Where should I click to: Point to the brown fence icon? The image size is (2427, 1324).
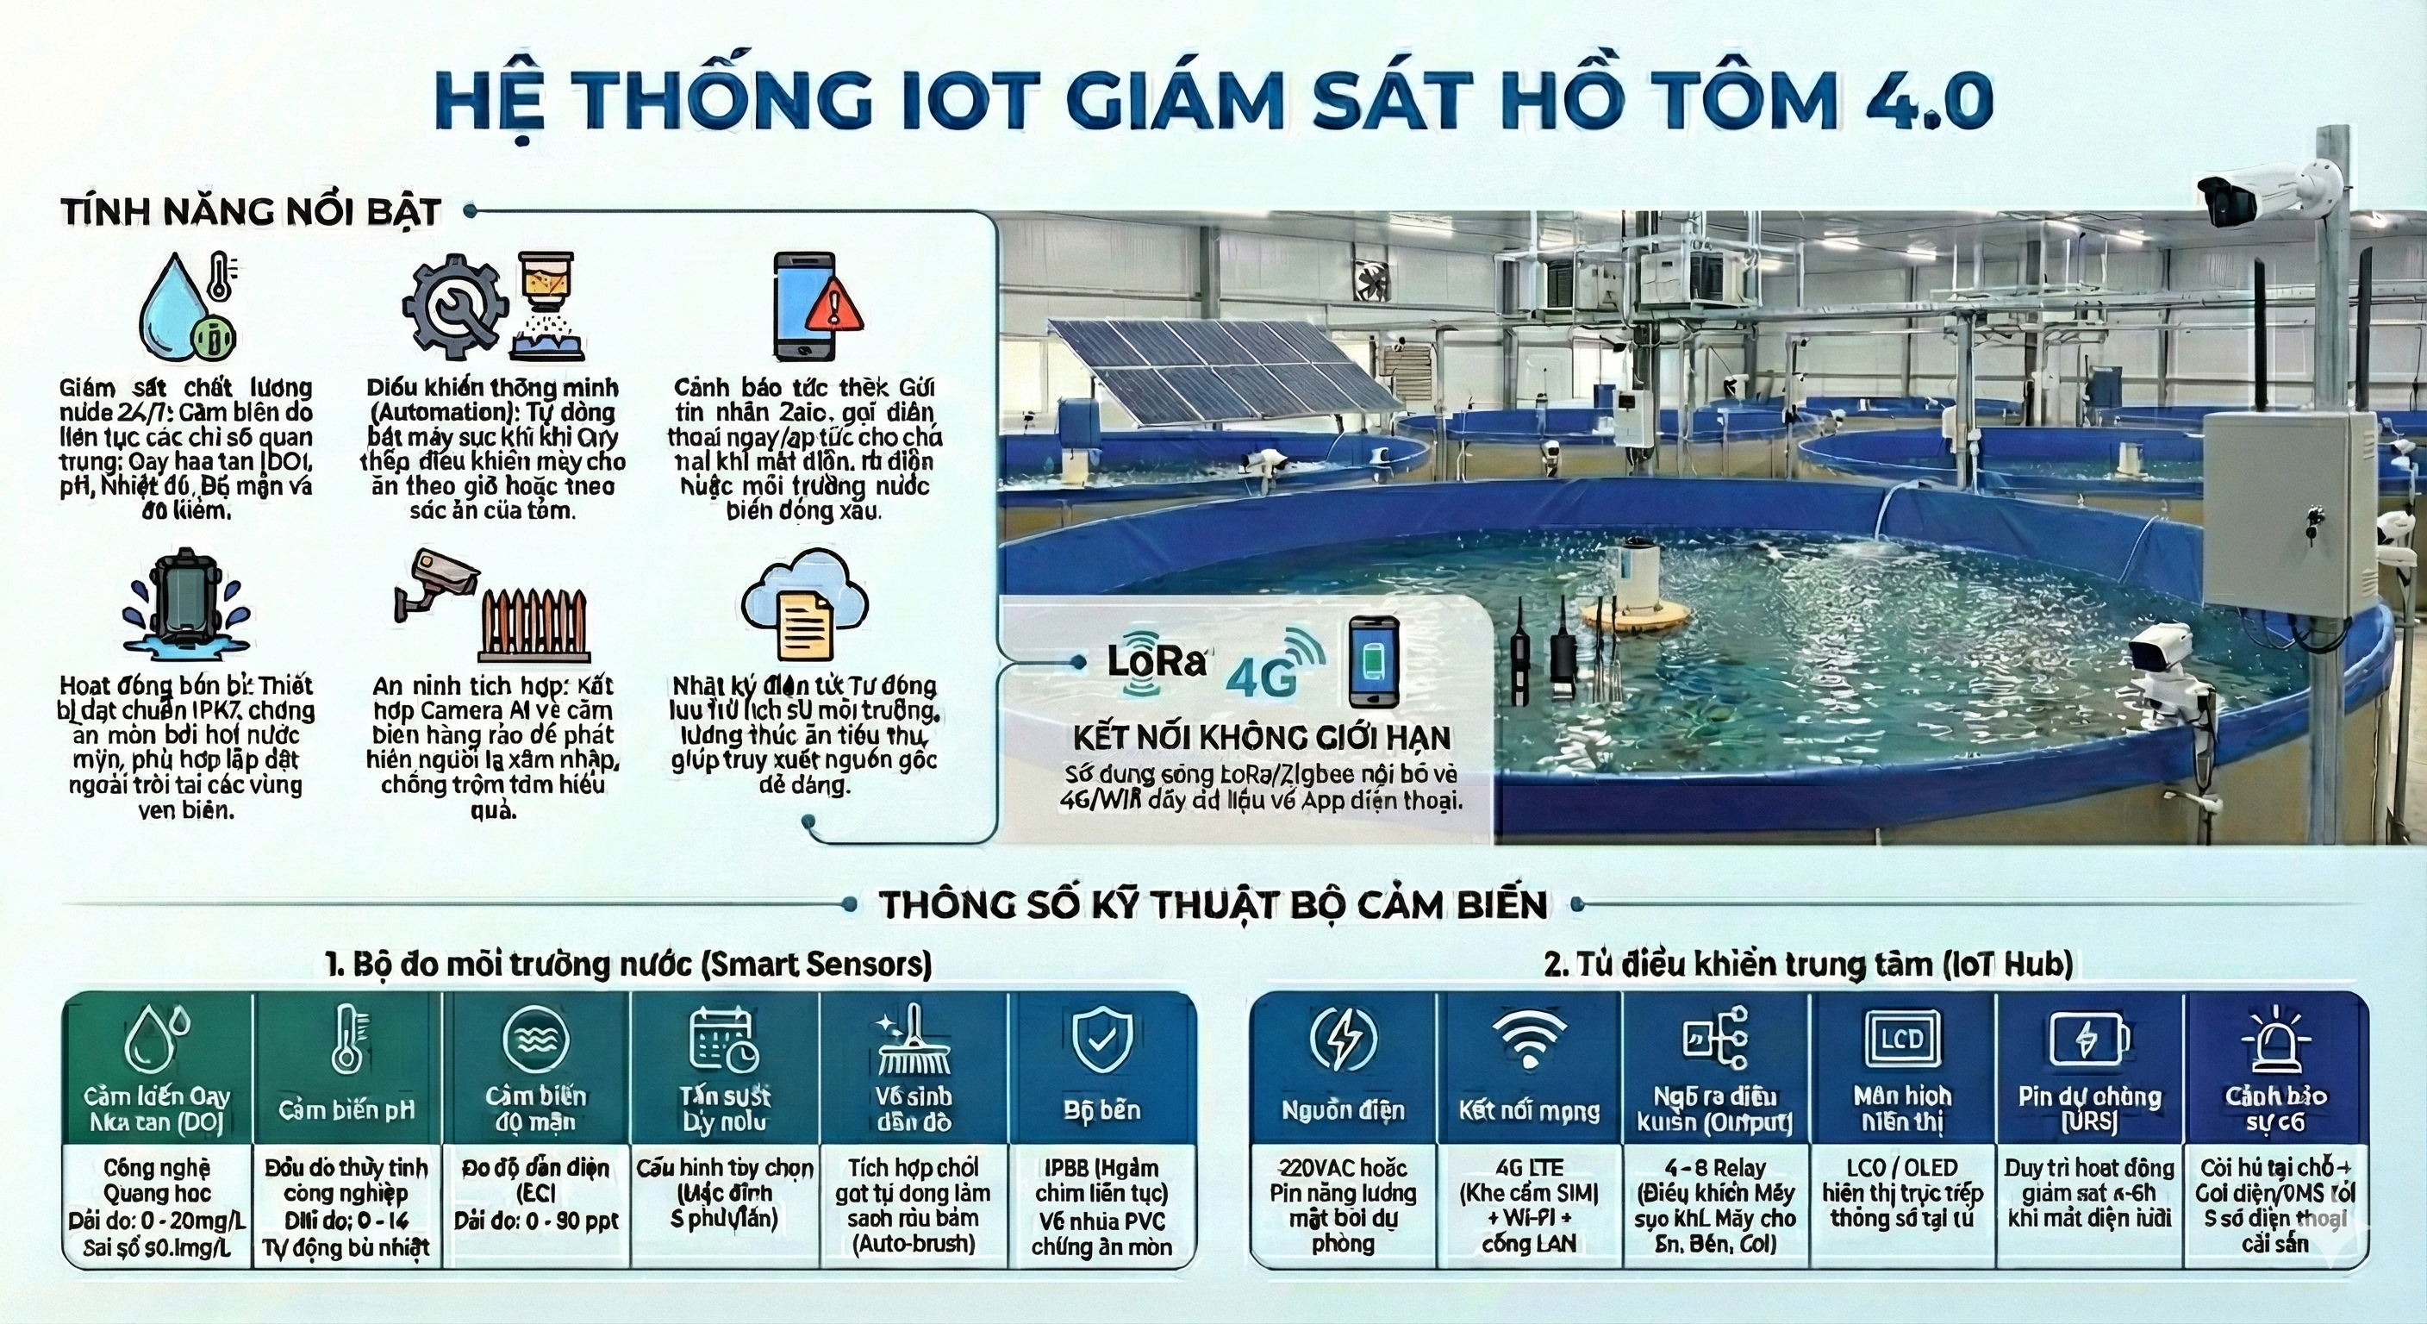pyautogui.click(x=534, y=626)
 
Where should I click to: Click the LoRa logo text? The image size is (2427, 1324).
pyautogui.click(x=1156, y=660)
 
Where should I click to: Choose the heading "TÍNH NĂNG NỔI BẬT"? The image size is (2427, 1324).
pyautogui.click(x=252, y=211)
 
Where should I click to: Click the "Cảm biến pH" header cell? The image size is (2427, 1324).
pyautogui.click(x=346, y=1109)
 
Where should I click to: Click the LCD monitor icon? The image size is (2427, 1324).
pyautogui.click(x=1902, y=1039)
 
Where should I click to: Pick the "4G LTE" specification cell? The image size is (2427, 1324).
pyautogui.click(x=1529, y=1204)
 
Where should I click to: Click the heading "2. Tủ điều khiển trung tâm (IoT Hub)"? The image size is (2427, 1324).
pyautogui.click(x=1808, y=963)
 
